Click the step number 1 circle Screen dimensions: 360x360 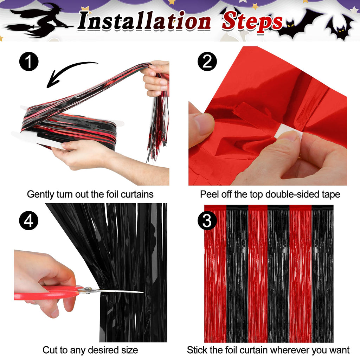point(29,61)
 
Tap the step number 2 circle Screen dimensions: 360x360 point(207,61)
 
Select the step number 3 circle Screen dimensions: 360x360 point(207,220)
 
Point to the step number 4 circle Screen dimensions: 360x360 point(29,220)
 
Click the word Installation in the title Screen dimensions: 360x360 point(144,21)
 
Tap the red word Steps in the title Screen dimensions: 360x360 point(252,22)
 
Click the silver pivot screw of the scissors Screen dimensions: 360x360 point(88,290)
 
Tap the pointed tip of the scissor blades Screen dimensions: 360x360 point(143,292)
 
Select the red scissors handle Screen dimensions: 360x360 point(46,293)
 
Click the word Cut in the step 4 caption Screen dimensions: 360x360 point(49,350)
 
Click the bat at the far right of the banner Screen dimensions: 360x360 point(340,27)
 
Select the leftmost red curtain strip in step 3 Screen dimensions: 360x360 point(216,274)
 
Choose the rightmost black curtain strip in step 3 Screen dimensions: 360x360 point(322,274)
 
